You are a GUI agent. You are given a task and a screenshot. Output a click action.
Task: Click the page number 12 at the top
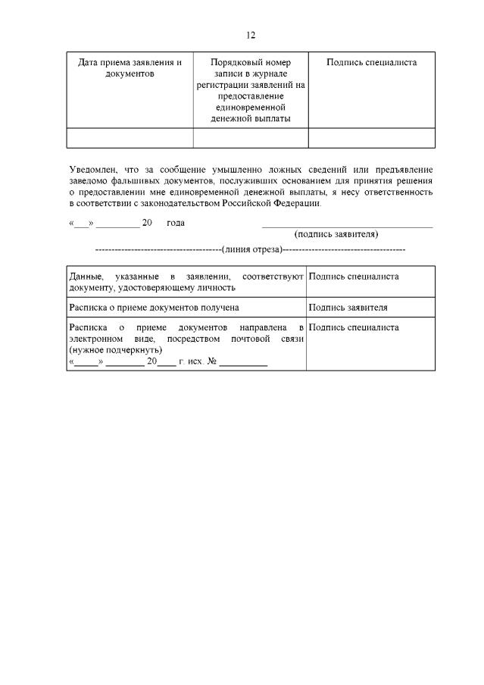251,35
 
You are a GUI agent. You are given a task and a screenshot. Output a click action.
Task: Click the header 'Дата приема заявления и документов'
130,68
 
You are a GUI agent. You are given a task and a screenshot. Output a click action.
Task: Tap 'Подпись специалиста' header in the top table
371,62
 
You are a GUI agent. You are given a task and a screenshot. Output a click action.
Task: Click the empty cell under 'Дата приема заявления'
130,138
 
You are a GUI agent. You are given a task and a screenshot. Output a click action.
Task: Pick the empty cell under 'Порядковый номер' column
250,138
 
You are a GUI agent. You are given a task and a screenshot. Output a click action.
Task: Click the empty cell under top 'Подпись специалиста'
371,138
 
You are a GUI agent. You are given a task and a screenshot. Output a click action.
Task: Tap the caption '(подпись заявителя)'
336,235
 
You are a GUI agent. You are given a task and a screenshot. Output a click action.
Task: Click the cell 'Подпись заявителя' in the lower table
348,308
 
